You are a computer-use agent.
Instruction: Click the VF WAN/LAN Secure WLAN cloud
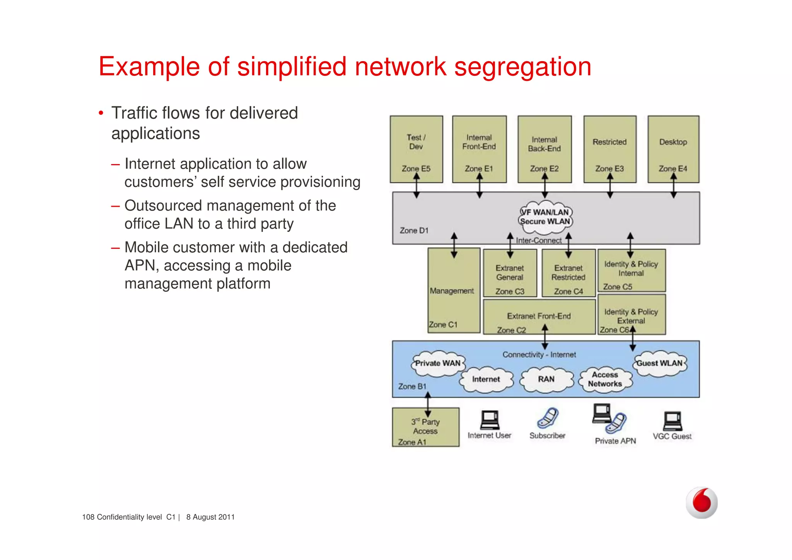pos(545,217)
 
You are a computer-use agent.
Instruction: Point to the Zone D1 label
pos(414,231)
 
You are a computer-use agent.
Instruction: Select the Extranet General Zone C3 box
pos(510,273)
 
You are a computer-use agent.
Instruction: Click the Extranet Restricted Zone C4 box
pos(568,273)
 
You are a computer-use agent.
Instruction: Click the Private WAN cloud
pos(438,364)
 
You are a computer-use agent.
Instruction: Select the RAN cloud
pos(546,380)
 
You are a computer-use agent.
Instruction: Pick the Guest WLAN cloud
pos(660,364)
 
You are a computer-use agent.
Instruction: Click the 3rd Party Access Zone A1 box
pos(425,427)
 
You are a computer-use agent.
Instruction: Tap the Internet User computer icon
pos(490,420)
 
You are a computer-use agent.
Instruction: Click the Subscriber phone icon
pos(548,418)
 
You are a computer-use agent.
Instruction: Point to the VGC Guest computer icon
pos(673,421)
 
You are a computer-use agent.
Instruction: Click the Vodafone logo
pos(702,502)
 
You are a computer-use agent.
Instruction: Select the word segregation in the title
pos(522,67)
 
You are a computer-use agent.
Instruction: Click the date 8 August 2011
pos(210,517)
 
